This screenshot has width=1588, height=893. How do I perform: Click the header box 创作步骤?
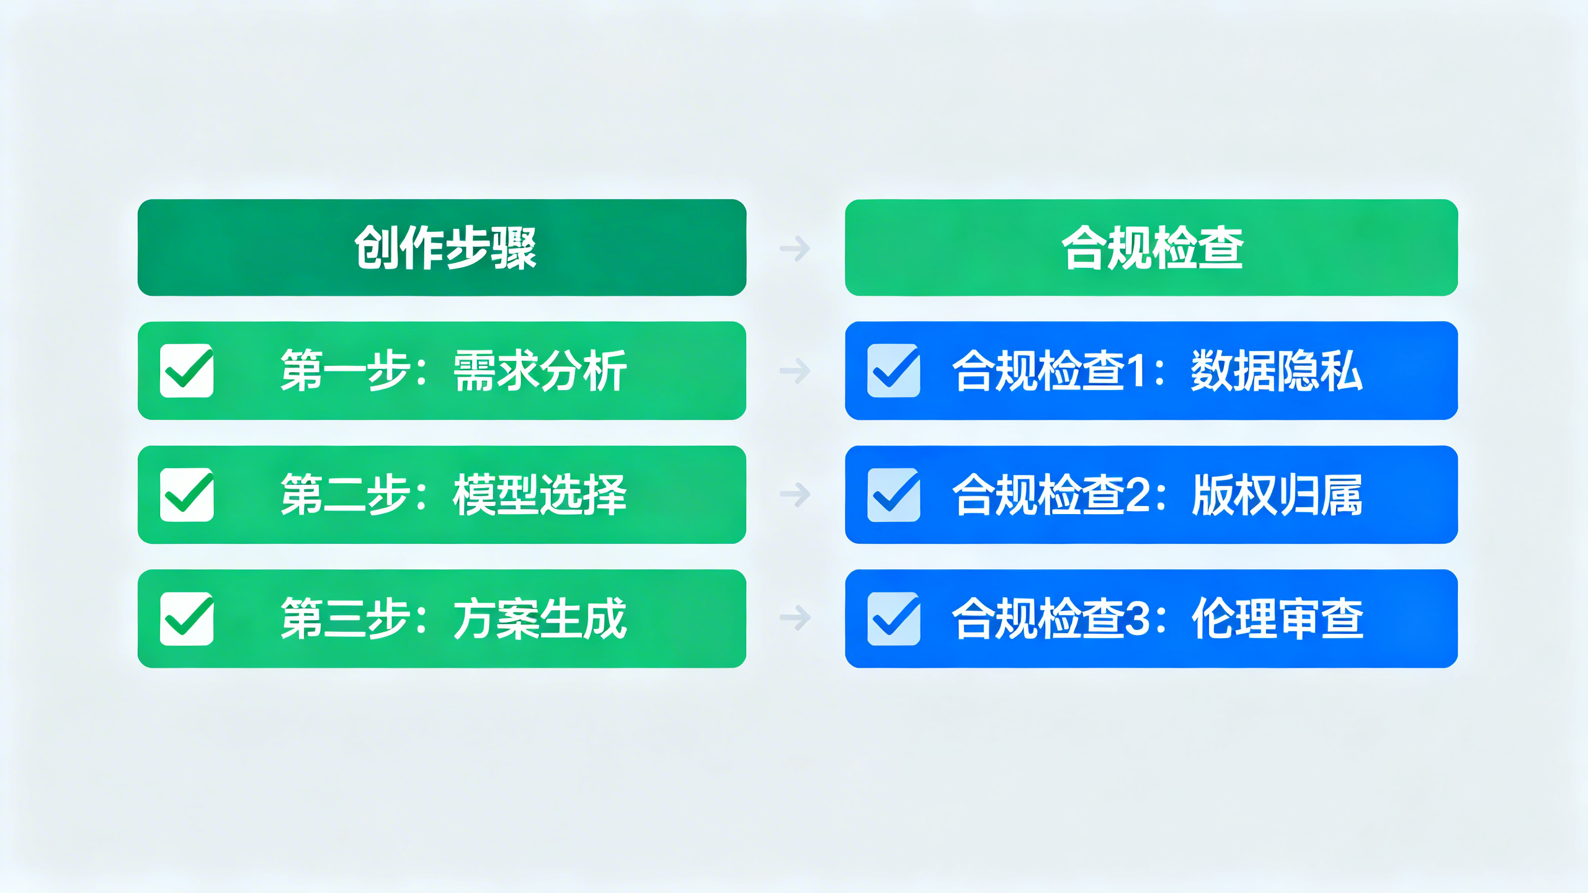(442, 247)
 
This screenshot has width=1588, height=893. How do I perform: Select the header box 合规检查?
(1151, 247)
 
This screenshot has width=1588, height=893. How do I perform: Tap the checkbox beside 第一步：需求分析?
(187, 371)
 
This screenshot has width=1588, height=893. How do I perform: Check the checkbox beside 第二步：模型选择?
(187, 495)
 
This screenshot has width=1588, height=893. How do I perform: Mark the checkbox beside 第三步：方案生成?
(187, 619)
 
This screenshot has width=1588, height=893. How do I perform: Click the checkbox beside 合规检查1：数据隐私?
(894, 371)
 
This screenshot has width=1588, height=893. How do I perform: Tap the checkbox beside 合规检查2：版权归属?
(894, 495)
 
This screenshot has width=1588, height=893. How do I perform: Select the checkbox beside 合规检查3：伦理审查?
(894, 619)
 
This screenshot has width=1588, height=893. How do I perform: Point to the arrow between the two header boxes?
(795, 248)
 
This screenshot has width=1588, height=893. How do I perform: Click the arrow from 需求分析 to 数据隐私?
(795, 371)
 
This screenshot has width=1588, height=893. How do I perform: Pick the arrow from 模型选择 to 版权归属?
(795, 494)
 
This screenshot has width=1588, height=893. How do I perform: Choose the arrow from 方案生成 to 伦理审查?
(795, 618)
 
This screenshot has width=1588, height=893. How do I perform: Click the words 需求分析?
(540, 371)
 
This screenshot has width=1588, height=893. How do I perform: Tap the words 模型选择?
(540, 495)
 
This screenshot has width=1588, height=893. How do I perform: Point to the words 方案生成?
(540, 619)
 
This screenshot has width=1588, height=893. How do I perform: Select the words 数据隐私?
(1277, 371)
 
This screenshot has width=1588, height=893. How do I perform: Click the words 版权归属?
(1277, 495)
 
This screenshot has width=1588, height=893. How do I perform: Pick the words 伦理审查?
(1277, 619)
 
